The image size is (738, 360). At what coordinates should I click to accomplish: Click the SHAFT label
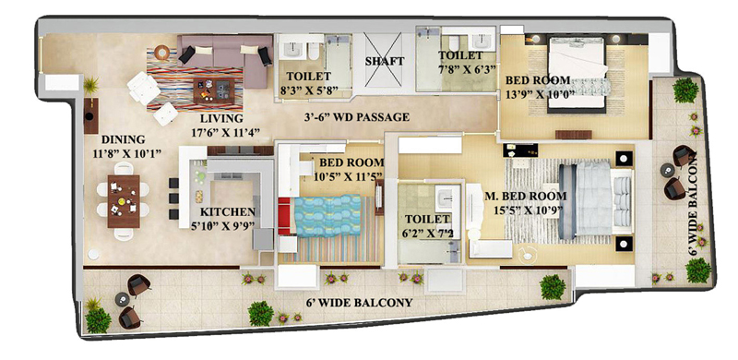point(385,61)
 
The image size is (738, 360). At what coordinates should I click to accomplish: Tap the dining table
point(124,201)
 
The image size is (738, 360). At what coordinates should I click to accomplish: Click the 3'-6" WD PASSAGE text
point(357,117)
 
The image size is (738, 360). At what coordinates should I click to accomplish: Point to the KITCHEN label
point(228,212)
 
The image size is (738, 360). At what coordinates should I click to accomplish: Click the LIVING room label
point(221,118)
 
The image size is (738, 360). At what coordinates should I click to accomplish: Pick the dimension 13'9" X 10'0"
point(541,93)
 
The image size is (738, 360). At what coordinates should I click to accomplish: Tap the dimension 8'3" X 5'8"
point(313,90)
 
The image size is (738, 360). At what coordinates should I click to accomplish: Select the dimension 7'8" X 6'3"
point(468,69)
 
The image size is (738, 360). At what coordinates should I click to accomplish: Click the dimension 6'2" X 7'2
point(429,233)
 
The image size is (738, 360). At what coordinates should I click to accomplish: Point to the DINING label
point(124,140)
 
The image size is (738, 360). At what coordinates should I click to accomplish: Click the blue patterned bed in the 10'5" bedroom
point(327,215)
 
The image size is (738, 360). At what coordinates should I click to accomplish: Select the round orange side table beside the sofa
point(162,53)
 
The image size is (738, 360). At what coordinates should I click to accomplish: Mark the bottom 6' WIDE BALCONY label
point(359,303)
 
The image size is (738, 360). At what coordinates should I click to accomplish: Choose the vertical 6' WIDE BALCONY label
point(693,204)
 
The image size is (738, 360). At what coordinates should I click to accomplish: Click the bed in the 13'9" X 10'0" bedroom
point(577,75)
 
